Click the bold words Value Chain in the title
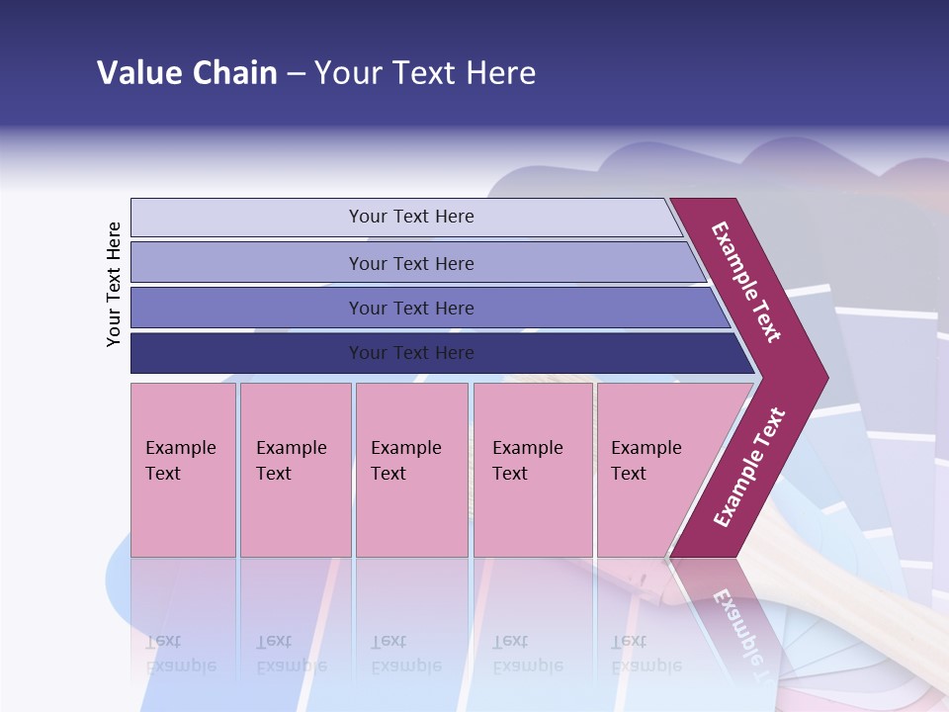(x=187, y=73)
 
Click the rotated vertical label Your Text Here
(x=114, y=285)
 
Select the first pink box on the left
(x=183, y=470)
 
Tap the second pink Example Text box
(x=296, y=470)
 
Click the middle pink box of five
(x=411, y=470)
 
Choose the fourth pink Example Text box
(x=533, y=470)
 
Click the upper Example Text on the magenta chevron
(x=746, y=282)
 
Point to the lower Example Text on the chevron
(x=749, y=467)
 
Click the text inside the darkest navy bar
(x=411, y=353)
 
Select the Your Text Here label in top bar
(x=411, y=217)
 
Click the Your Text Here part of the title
(x=425, y=73)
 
